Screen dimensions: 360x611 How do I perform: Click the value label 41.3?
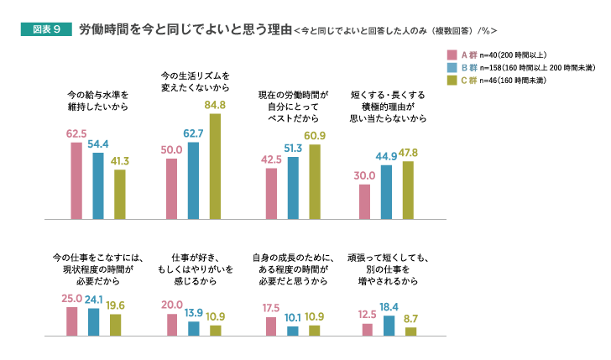click(x=119, y=160)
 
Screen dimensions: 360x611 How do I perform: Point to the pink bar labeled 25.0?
click(x=71, y=321)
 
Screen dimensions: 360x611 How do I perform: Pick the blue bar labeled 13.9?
click(x=194, y=328)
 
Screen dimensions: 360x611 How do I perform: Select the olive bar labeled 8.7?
click(x=410, y=331)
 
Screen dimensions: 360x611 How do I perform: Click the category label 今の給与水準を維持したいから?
click(x=97, y=101)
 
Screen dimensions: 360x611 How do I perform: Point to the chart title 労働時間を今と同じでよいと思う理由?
click(x=185, y=29)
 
